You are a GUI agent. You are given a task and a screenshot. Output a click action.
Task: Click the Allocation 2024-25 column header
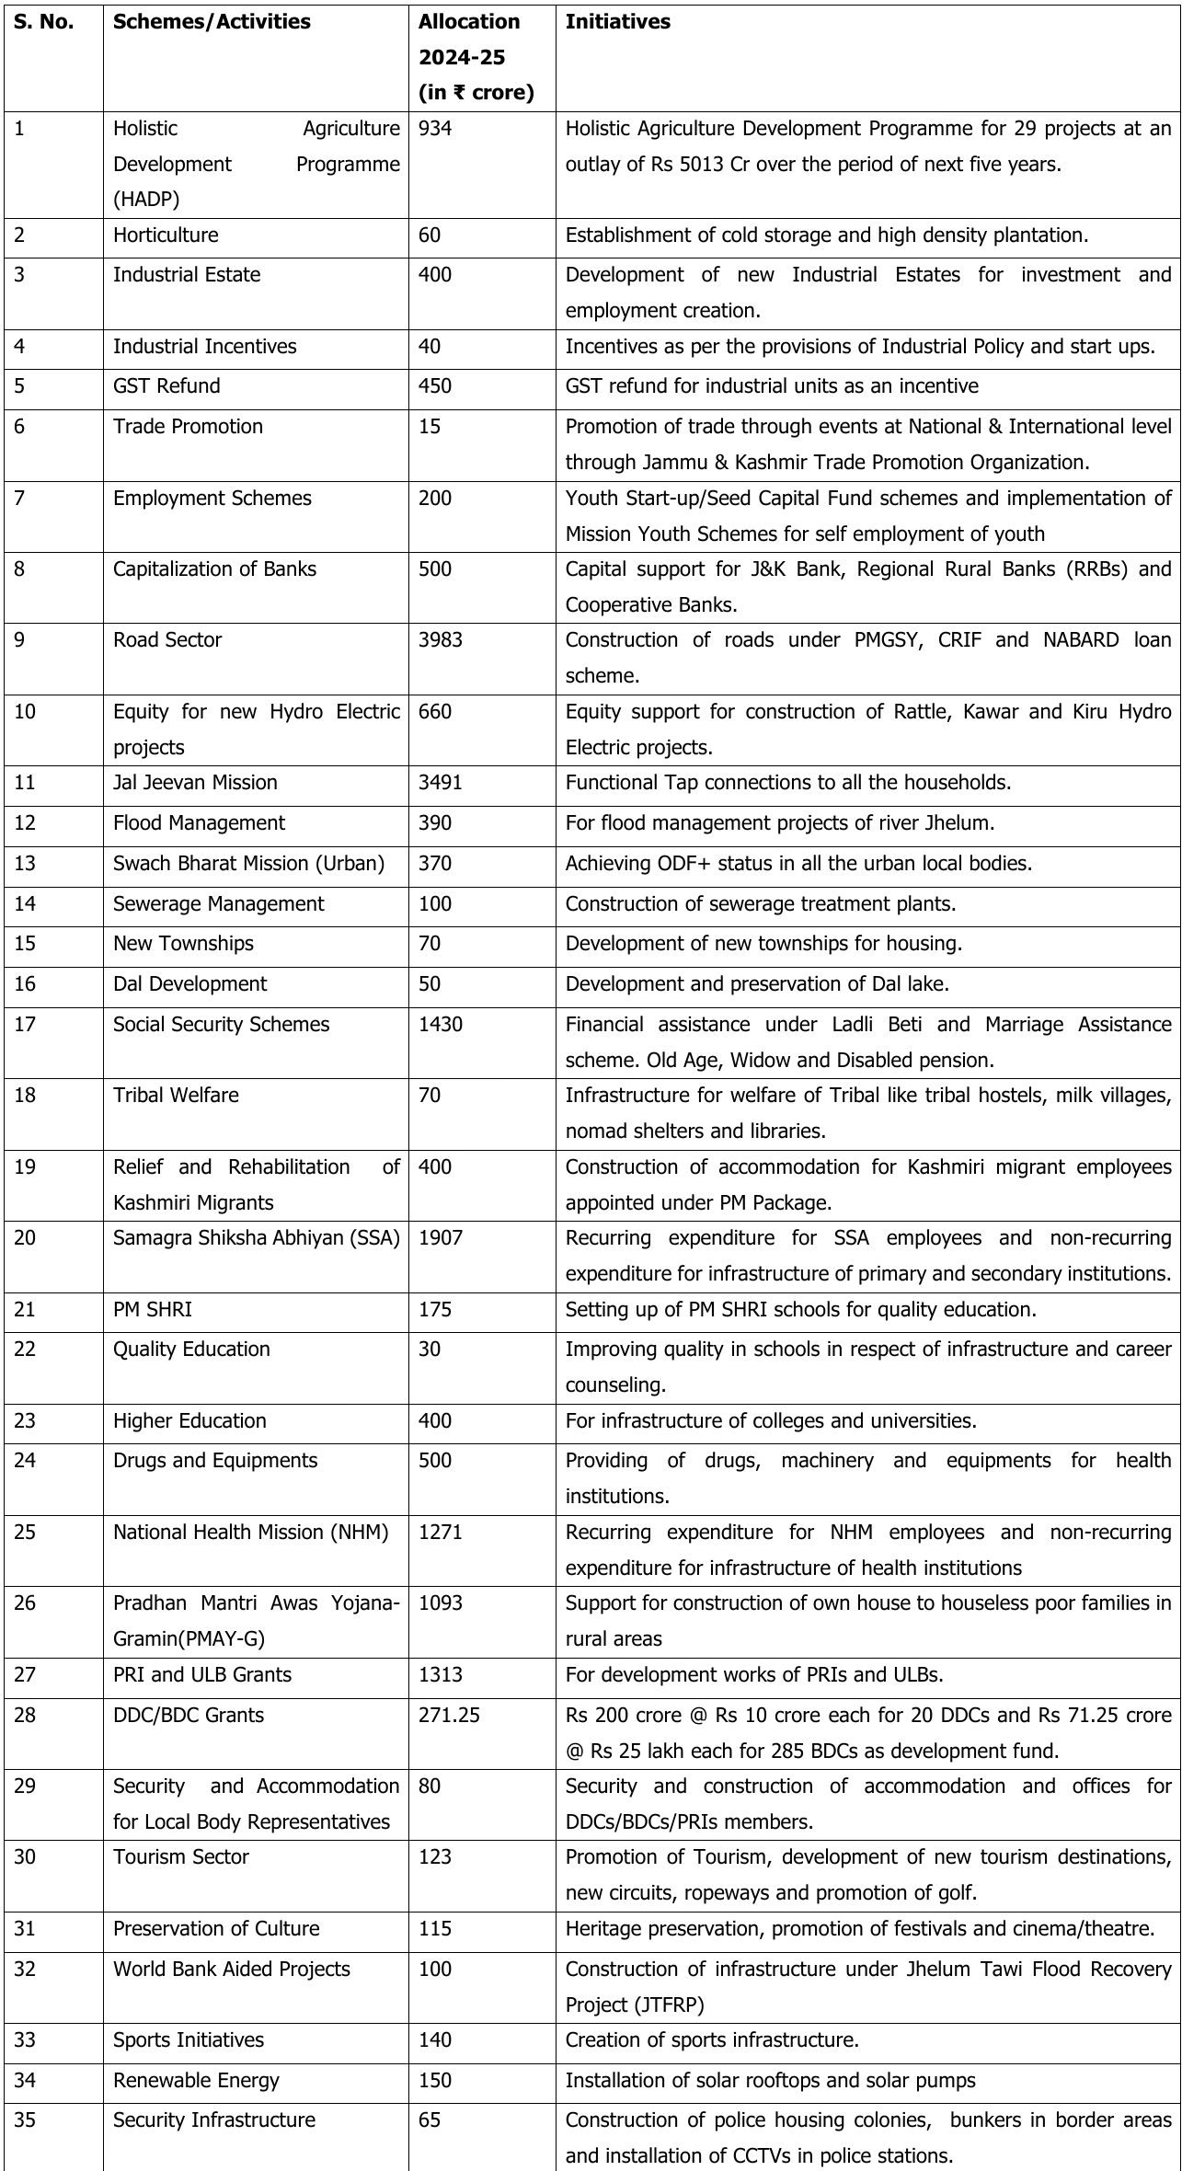[476, 57]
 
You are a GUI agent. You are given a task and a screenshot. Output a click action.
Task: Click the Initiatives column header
[617, 22]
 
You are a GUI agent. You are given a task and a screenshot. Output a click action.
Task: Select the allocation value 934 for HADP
[435, 129]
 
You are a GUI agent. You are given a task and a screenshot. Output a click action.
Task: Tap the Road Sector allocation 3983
[441, 639]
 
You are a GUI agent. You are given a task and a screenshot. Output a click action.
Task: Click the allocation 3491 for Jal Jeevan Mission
[441, 782]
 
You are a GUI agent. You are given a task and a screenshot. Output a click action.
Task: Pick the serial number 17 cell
[25, 1024]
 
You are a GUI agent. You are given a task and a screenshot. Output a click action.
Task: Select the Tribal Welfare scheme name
[176, 1095]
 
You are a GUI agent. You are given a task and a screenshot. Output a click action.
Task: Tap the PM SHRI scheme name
[153, 1309]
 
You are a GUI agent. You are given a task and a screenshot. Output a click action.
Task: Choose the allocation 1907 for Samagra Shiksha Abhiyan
[441, 1237]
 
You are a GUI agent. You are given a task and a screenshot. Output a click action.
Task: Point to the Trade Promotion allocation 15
[430, 426]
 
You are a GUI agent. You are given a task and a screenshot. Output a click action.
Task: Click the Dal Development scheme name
[189, 983]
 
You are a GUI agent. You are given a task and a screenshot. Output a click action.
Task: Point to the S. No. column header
[43, 22]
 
